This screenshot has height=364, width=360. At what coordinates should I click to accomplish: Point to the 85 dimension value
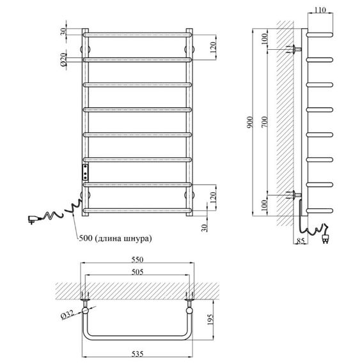coord(301,242)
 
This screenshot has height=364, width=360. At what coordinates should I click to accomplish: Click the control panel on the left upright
coord(85,172)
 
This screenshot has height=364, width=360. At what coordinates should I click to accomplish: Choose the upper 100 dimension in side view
coord(264,39)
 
